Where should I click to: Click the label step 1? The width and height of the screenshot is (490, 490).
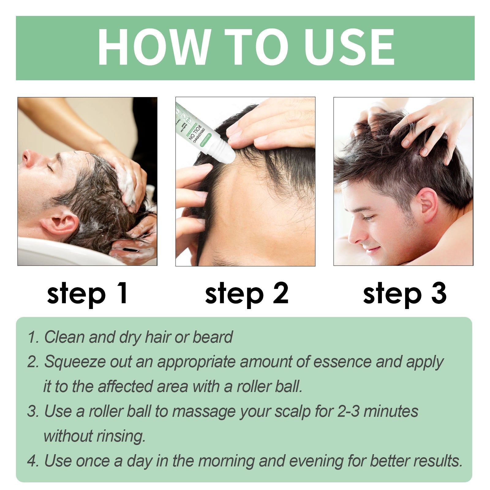(x=87, y=293)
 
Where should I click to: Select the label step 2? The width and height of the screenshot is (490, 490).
(x=247, y=293)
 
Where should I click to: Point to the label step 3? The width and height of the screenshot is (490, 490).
(x=405, y=293)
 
